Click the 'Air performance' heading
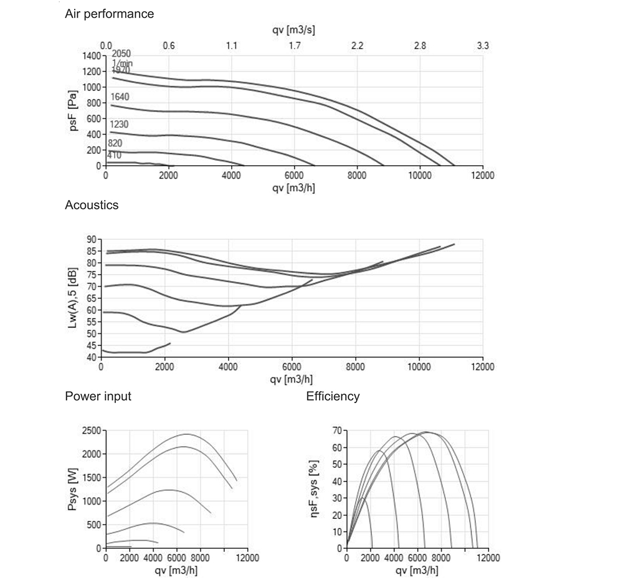tap(109, 13)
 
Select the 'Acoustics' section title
tap(92, 204)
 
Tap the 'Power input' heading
tap(98, 396)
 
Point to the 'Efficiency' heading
tap(333, 396)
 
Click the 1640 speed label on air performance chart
tap(120, 97)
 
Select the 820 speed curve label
tap(115, 143)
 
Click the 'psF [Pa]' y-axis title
tap(74, 111)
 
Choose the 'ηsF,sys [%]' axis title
tap(315, 489)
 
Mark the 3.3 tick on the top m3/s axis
tap(483, 45)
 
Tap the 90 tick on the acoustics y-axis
tap(91, 239)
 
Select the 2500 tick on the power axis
tap(91, 430)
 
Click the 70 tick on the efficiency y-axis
tap(336, 430)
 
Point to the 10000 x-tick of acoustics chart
tap(419, 367)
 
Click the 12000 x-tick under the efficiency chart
tap(488, 558)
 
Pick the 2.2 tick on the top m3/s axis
tap(357, 45)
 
